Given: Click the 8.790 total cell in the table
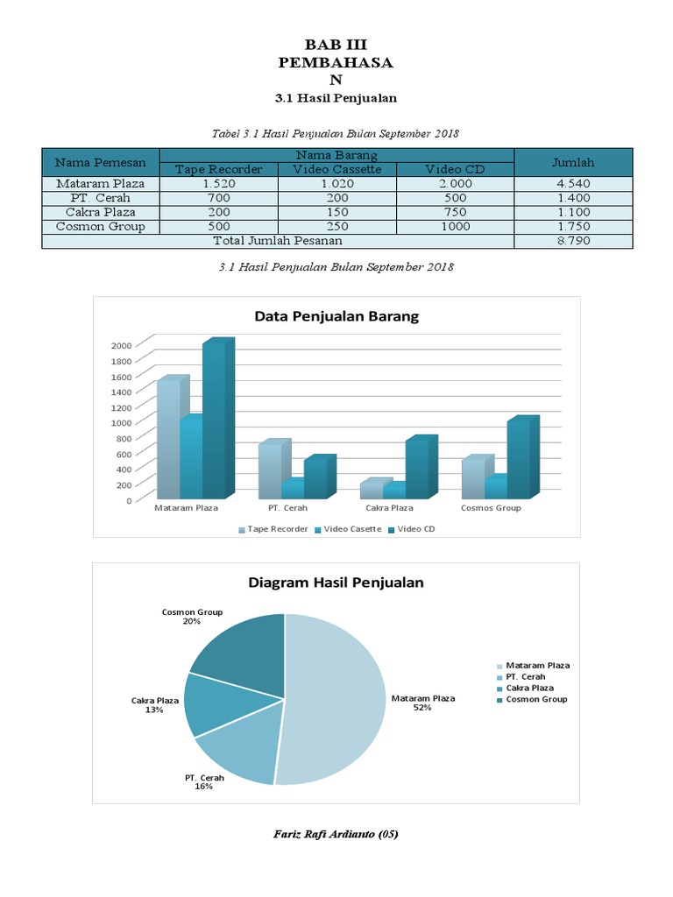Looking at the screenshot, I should coord(573,241).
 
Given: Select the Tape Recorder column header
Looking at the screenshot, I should coord(218,169).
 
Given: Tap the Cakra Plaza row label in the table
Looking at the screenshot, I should coord(100,212).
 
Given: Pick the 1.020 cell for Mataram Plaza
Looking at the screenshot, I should coord(336,184).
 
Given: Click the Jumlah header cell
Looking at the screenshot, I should coord(573,162).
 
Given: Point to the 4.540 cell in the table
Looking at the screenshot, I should coord(573,184).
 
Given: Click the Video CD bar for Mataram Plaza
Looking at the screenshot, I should coord(215,420).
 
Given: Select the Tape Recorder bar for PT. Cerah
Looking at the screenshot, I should coord(270,471).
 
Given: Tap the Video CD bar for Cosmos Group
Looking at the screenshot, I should coord(519,460).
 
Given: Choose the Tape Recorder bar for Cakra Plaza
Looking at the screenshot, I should coord(372,491).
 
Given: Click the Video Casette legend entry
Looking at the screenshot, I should coord(348,529).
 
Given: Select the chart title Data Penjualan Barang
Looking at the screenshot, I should coord(336,317).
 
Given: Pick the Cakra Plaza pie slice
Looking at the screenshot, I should coord(215,705).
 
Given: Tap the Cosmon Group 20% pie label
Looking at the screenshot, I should coord(192,617).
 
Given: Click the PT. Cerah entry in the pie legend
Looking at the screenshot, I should coord(526,677).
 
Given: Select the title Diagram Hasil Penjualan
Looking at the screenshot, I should coord(336,582).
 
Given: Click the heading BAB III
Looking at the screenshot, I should coord(336,44).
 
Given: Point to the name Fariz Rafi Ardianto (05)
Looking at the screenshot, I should coord(336,834).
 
